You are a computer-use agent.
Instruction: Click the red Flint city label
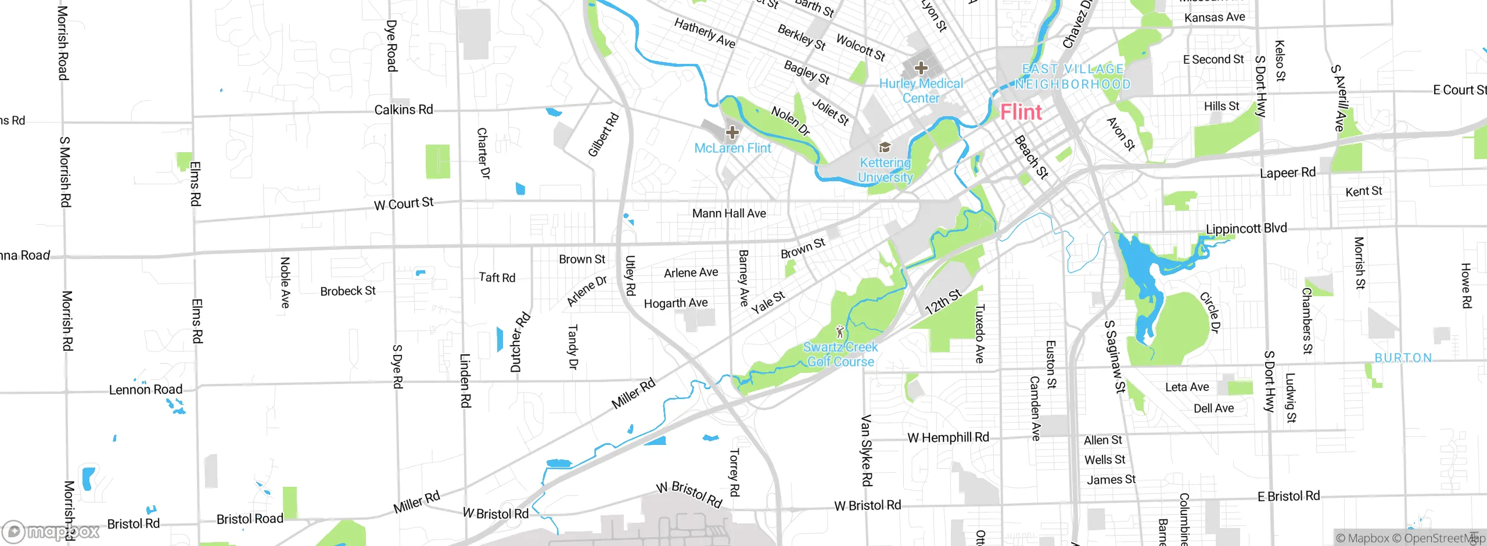pos(1021,112)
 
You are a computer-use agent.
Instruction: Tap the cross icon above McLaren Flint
pos(732,132)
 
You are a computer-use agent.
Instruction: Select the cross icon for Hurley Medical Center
pos(921,68)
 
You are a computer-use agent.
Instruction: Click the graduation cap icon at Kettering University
pos(885,148)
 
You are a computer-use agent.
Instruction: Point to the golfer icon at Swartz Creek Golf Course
pos(839,332)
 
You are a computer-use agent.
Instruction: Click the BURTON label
pos(1403,358)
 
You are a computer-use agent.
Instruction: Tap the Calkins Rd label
pos(404,110)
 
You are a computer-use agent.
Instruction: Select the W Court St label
pos(404,204)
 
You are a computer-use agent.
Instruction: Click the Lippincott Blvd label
pos(1247,228)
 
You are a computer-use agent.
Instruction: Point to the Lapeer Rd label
pos(1287,173)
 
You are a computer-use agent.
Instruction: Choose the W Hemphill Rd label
pos(948,437)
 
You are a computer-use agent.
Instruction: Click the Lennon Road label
pos(146,390)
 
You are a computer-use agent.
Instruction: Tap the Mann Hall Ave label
pos(729,214)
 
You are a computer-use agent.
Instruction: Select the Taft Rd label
pos(497,278)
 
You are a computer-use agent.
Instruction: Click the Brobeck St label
pos(348,291)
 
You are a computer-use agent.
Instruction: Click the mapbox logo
pos(51,531)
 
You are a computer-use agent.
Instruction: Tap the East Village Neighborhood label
pos(1073,77)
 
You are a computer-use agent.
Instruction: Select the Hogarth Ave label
pos(676,303)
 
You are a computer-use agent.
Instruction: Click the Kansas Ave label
pos(1215,17)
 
